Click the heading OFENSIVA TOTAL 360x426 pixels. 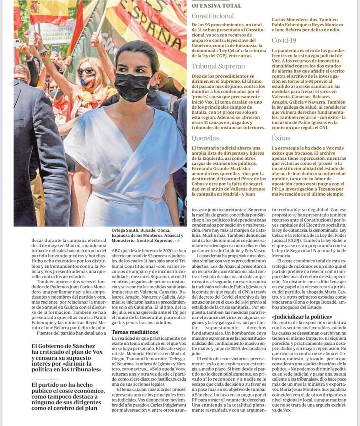216,6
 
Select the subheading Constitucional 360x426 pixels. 213,16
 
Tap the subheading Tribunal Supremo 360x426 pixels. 218,66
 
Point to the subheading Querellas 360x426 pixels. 205,138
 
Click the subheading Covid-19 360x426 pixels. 284,40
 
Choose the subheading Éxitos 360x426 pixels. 281,138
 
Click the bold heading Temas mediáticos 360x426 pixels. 135,332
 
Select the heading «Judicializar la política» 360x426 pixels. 302,316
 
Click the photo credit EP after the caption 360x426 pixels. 174,241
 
